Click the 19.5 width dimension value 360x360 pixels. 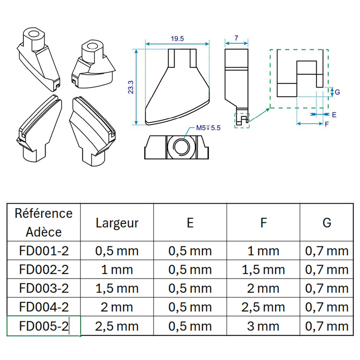pyautogui.click(x=178, y=39)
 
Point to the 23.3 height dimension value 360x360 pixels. pyautogui.click(x=131, y=86)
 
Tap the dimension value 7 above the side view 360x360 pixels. pyautogui.click(x=236, y=37)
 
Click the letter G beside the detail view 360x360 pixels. pyautogui.click(x=337, y=92)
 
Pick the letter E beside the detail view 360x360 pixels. pyautogui.click(x=334, y=115)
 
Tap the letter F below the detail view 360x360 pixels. pyautogui.click(x=327, y=124)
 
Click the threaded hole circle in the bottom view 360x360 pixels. pyautogui.click(x=180, y=147)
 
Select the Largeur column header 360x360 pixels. pyautogui.click(x=117, y=223)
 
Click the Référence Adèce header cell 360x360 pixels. pyautogui.click(x=44, y=223)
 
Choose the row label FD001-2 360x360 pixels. pyautogui.click(x=44, y=251)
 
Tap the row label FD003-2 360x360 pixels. pyautogui.click(x=44, y=289)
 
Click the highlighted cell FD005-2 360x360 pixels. pyautogui.click(x=44, y=326)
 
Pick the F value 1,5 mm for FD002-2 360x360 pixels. pyautogui.click(x=263, y=270)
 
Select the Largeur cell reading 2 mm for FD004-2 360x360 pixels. pyautogui.click(x=117, y=307)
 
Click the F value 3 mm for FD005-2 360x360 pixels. pyautogui.click(x=263, y=326)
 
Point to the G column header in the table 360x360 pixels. pyautogui.click(x=327, y=223)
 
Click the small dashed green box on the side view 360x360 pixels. pyautogui.click(x=242, y=121)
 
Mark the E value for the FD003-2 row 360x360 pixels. pyautogui.click(x=190, y=289)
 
